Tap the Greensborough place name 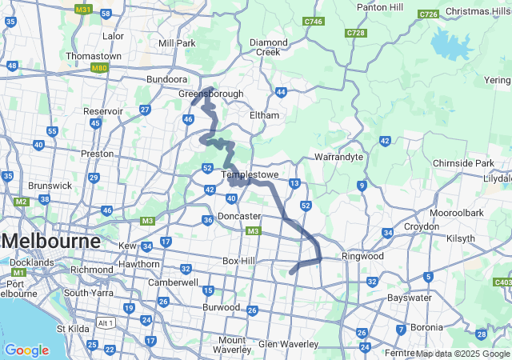tap(210, 94)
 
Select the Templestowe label tap(250, 174)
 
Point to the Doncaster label tap(239, 216)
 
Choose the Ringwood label tap(362, 256)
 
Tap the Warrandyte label tap(339, 157)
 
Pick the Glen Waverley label tap(288, 344)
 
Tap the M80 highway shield tap(99, 69)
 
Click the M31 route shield tap(82, 10)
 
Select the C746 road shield tap(314, 21)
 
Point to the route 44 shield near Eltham tap(281, 92)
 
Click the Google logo tap(26, 350)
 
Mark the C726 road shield tap(428, 14)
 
